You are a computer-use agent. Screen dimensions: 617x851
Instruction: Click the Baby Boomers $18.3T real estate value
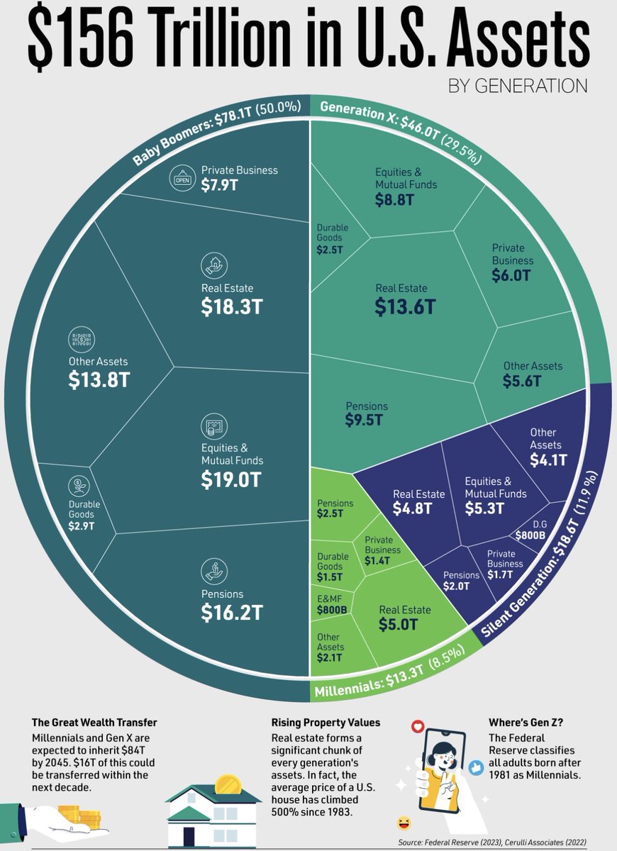[x=232, y=306]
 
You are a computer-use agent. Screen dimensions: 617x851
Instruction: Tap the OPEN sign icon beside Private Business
[x=183, y=178]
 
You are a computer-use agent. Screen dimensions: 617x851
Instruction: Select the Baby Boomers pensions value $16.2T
[x=232, y=613]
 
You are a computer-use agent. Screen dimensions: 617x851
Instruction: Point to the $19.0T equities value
[x=231, y=479]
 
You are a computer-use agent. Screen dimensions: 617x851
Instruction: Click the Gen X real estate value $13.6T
[x=406, y=306]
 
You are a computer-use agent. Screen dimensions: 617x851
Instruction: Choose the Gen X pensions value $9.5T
[x=364, y=420]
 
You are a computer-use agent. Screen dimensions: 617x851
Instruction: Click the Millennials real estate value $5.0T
[x=398, y=624]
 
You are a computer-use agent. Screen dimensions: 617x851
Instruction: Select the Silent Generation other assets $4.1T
[x=548, y=460]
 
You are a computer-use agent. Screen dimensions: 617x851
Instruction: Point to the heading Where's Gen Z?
[x=526, y=722]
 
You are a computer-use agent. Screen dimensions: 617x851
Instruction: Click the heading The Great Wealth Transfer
[x=94, y=722]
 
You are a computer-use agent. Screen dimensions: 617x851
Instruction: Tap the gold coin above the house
[x=228, y=784]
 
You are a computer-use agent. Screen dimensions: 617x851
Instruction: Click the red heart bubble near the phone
[x=418, y=726]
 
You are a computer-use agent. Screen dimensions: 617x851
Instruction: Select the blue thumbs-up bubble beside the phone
[x=476, y=768]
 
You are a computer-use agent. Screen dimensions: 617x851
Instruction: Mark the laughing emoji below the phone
[x=404, y=823]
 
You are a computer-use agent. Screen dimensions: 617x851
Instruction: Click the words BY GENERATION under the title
[x=518, y=86]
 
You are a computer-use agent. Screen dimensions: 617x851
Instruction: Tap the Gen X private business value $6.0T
[x=511, y=275]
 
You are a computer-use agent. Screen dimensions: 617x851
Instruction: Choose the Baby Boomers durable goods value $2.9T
[x=82, y=525]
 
